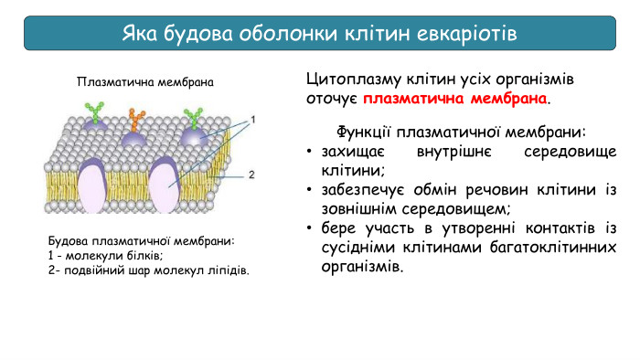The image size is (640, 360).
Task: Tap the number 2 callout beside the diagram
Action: [x=251, y=174]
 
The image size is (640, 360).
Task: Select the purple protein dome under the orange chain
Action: [x=134, y=138]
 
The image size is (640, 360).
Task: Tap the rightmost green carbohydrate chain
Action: [x=193, y=116]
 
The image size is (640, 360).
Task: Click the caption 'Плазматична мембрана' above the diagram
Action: [x=145, y=82]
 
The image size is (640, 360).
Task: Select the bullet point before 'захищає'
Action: [x=311, y=151]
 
